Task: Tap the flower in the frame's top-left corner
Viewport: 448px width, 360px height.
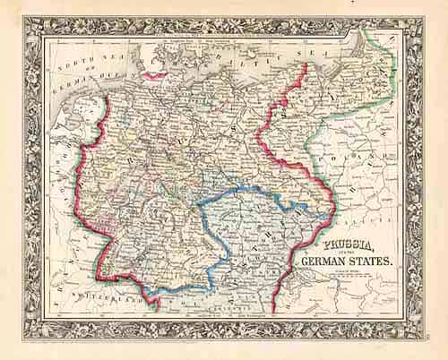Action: click(x=35, y=27)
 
